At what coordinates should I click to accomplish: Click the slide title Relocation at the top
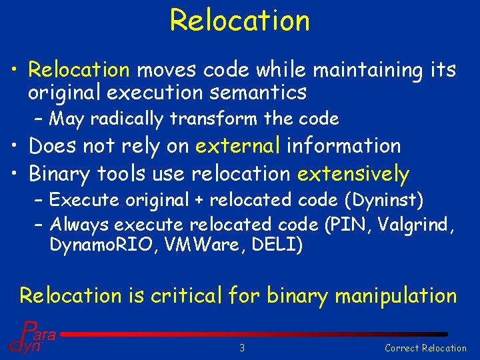(x=239, y=20)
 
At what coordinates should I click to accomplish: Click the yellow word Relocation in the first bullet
(x=79, y=69)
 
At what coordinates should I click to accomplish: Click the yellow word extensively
(x=353, y=174)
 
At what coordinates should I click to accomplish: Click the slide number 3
(x=243, y=347)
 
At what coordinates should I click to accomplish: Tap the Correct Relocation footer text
(x=426, y=347)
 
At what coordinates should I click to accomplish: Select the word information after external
(x=343, y=145)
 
